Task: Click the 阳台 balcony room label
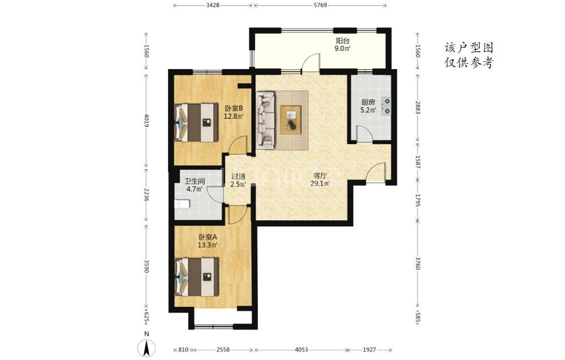(x=343, y=41)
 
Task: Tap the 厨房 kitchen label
(x=368, y=102)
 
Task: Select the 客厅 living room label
(x=320, y=175)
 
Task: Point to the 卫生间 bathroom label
(x=195, y=181)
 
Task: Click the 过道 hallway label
(x=238, y=177)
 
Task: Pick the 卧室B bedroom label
(x=234, y=108)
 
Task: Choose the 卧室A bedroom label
(x=208, y=237)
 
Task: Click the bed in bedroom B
(x=196, y=123)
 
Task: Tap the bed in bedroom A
(x=196, y=277)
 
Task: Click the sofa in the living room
(x=266, y=120)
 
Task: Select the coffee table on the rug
(x=291, y=120)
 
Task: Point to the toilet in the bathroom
(x=182, y=204)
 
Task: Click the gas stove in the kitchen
(x=386, y=106)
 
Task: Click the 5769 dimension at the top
(x=320, y=5)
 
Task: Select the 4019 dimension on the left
(x=146, y=121)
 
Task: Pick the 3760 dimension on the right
(x=417, y=263)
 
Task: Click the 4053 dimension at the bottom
(x=301, y=350)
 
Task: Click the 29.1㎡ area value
(x=320, y=183)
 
